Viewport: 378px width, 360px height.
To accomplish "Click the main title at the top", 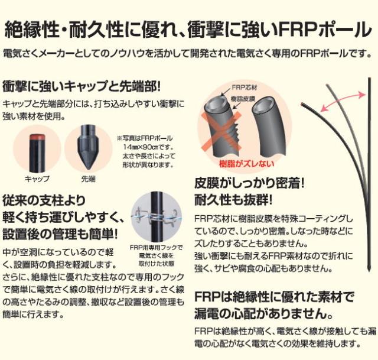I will (189, 28).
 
